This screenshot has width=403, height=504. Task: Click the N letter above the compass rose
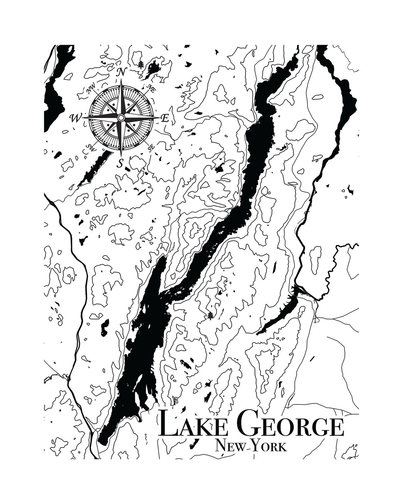coord(121,72)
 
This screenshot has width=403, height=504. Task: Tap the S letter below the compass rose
coord(120,163)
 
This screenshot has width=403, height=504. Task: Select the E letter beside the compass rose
coord(165,118)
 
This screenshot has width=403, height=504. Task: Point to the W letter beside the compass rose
coord(75,118)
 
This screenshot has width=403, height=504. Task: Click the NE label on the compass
coord(151,88)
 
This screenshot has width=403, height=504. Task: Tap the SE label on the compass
coord(151,148)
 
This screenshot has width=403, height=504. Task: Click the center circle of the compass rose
coord(121,118)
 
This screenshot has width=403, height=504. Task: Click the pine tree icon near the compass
coord(141,65)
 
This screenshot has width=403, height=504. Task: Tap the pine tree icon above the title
coord(211,316)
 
